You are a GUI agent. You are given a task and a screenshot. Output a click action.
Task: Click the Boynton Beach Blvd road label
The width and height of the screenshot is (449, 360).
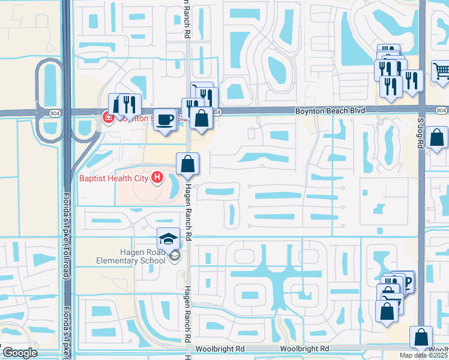tap(330, 111)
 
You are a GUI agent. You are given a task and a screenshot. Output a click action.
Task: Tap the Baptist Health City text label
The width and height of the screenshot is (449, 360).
tap(115, 178)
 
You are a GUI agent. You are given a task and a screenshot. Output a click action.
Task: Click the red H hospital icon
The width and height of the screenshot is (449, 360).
tap(157, 177)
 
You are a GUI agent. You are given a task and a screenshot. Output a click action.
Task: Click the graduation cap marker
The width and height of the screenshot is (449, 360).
tap(168, 239)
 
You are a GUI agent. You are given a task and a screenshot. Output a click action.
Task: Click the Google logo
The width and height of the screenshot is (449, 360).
tap(20, 353)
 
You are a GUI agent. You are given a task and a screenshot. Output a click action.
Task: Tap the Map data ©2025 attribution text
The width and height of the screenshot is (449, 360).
tap(424, 355)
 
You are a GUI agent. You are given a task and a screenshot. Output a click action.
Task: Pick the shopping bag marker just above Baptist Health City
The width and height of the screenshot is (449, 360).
tap(188, 163)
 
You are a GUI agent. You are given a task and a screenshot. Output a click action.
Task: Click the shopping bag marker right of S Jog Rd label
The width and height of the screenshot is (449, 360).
tap(438, 138)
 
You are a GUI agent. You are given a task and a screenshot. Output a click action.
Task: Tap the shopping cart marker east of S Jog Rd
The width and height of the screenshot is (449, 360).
tap(441, 71)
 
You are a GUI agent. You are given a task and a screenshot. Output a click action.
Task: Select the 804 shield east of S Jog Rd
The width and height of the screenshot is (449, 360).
tap(441, 110)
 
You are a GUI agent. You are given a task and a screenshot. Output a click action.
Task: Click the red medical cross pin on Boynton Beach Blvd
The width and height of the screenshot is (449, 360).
tap(109, 118)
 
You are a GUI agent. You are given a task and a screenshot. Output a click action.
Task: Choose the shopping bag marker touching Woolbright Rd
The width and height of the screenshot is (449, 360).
tap(421, 337)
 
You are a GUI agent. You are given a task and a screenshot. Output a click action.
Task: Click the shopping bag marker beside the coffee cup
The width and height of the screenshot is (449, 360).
tap(202, 118)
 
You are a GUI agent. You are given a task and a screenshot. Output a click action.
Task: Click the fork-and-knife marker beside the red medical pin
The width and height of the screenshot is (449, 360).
tap(129, 104)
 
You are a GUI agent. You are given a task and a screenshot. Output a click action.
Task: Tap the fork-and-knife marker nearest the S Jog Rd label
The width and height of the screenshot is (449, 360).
tap(411, 80)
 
